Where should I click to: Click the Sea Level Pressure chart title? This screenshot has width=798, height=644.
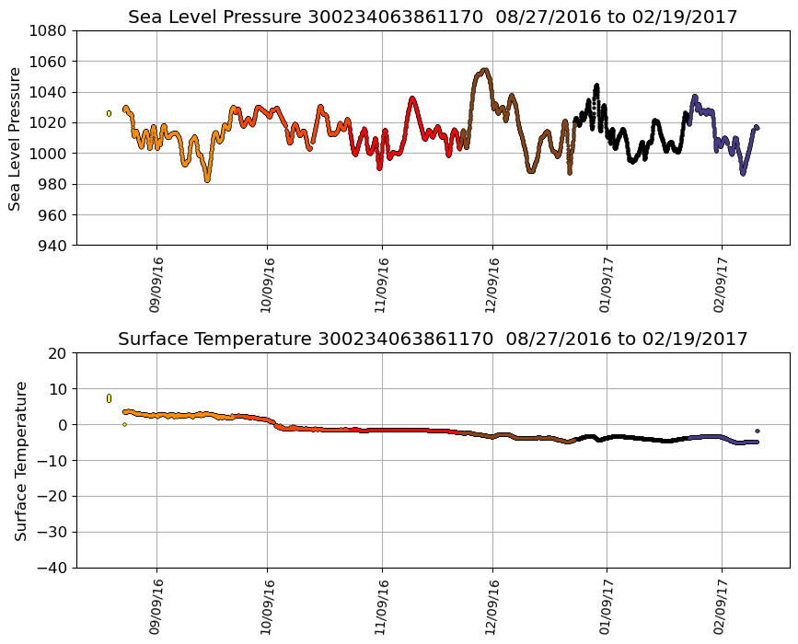coord(433,17)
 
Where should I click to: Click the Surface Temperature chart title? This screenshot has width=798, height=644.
coord(433,339)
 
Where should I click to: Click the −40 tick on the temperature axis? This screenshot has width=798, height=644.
coord(52,568)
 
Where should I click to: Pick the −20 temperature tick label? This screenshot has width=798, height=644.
coord(52,497)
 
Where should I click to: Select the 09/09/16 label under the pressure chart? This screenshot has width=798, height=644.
coord(156,285)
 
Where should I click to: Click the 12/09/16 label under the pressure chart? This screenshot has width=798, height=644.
coord(492,285)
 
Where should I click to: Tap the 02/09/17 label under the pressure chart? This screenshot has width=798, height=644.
coord(721,285)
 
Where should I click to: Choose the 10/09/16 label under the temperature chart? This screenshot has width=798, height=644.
coord(268,607)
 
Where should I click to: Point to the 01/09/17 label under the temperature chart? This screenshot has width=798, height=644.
coord(606,607)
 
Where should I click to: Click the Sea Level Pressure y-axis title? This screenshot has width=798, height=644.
coord(16,138)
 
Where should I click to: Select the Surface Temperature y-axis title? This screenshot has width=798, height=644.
coord(20,460)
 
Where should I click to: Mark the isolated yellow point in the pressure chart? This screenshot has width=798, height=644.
coord(109,113)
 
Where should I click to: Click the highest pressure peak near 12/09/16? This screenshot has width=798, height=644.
coord(485,70)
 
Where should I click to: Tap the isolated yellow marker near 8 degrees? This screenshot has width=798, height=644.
coord(109,397)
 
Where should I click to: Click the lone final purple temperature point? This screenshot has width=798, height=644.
coord(758,431)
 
